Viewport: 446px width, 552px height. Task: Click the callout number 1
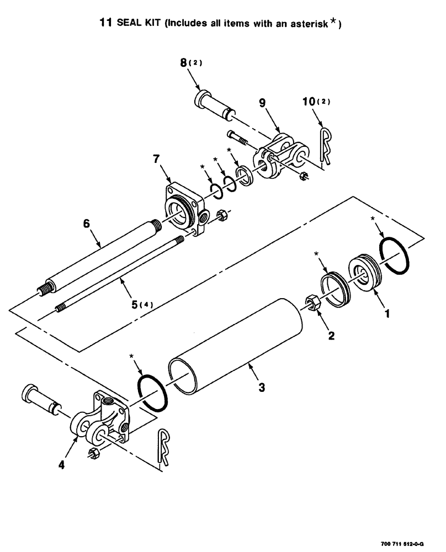(x=386, y=314)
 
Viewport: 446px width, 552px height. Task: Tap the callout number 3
(x=262, y=388)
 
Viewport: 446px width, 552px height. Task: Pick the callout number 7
(x=157, y=160)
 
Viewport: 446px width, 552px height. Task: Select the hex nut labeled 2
(x=310, y=305)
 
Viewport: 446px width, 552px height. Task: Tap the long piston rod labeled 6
(x=99, y=259)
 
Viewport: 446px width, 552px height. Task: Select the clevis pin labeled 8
(x=215, y=109)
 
